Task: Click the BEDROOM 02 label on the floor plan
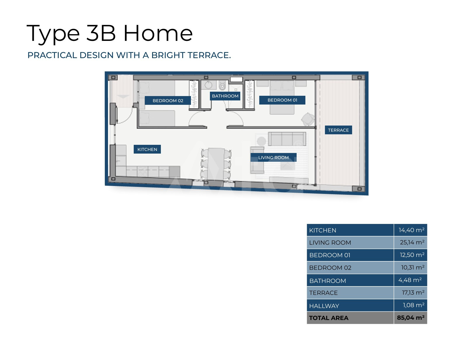[168, 100]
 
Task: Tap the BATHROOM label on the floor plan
[225, 96]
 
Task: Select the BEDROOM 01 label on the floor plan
[282, 100]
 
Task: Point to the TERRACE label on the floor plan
[338, 130]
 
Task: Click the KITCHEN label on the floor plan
[147, 149]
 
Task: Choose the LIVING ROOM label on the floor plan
[273, 158]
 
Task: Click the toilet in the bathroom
[222, 86]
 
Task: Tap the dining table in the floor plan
[216, 164]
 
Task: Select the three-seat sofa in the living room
[287, 139]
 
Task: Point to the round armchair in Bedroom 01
[308, 119]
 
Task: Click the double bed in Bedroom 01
[282, 97]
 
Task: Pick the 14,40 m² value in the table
[411, 230]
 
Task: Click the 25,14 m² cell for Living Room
[412, 242]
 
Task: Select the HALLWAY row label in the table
[324, 306]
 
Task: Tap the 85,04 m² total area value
[411, 318]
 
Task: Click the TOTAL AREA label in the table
[329, 318]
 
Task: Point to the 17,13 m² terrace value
[413, 292]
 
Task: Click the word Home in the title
[158, 33]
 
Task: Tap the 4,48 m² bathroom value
[410, 280]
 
